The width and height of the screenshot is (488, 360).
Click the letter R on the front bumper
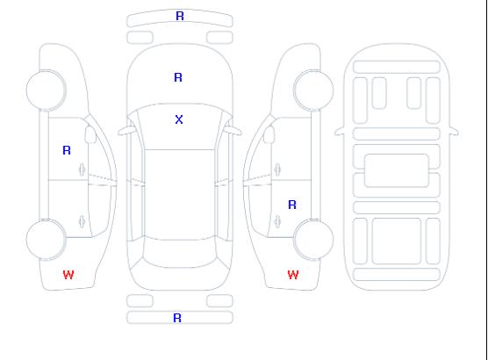click(x=180, y=16)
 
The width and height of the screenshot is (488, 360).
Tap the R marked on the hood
click(x=178, y=77)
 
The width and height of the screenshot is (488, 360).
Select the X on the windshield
click(x=179, y=119)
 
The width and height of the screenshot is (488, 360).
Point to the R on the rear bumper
click(x=177, y=318)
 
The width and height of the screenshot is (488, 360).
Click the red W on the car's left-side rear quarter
click(x=68, y=275)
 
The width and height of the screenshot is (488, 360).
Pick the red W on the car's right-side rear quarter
click(x=293, y=275)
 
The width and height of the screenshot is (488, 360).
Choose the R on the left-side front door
click(x=67, y=150)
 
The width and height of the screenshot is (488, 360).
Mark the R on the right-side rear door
click(x=292, y=205)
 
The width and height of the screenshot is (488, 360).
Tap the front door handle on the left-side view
click(x=83, y=169)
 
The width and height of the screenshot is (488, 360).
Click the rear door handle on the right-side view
click(x=277, y=221)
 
